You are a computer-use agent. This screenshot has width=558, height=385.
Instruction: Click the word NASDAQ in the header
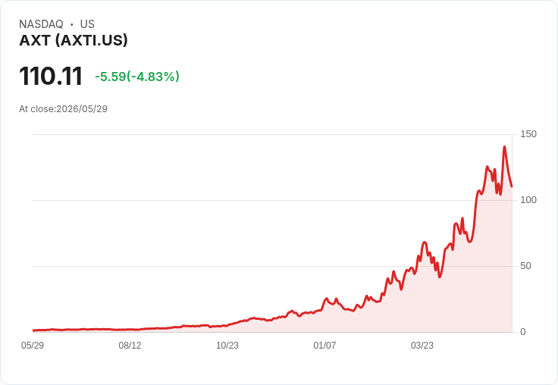41,24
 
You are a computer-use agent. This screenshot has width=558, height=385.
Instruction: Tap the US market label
87,24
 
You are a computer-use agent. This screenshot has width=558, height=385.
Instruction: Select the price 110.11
51,76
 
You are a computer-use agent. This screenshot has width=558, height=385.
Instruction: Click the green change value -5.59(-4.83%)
137,77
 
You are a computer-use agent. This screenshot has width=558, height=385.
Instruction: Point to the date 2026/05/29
82,109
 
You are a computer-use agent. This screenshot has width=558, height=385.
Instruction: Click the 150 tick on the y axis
528,134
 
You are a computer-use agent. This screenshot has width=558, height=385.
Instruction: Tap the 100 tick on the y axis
528,200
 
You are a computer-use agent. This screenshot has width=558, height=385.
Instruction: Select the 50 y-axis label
525,266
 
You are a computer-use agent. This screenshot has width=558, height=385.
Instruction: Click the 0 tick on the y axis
523,332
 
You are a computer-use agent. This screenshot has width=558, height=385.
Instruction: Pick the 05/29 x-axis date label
33,346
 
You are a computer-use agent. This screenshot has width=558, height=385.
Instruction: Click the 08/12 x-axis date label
130,346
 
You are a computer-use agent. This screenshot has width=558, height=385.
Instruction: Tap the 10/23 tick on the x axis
227,346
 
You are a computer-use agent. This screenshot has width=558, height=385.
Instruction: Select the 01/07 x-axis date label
324,346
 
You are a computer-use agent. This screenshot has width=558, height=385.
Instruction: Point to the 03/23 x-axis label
422,346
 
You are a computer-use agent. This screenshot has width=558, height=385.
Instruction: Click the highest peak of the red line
504,146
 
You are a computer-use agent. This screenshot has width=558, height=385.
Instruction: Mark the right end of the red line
512,186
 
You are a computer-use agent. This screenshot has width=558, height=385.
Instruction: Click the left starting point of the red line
33,330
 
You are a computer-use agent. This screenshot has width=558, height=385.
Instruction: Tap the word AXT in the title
35,41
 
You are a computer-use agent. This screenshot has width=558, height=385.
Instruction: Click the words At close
36,109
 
